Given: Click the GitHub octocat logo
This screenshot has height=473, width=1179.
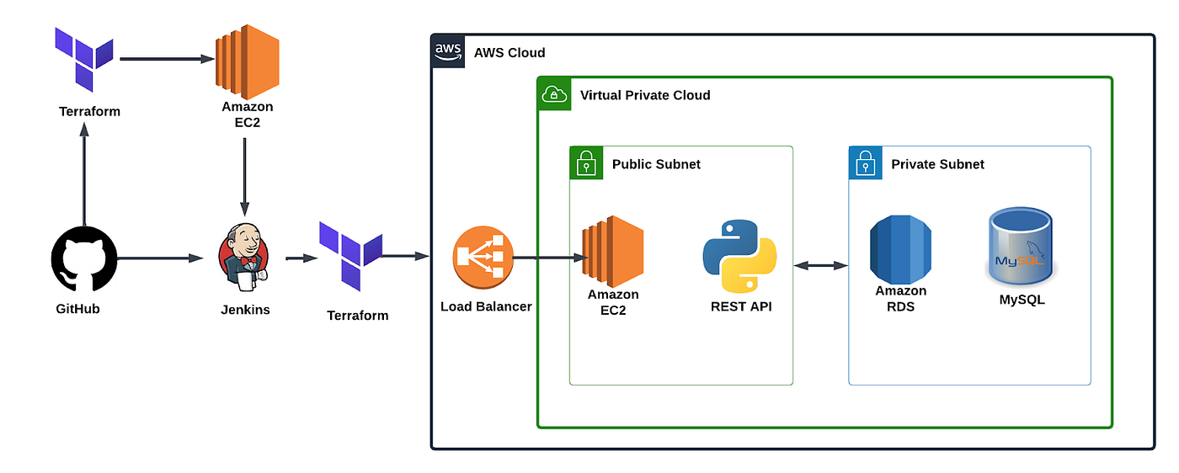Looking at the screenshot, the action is click(x=84, y=259).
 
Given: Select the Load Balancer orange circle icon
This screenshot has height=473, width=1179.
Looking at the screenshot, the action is click(x=483, y=258).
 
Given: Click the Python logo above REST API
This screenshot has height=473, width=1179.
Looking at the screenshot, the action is click(x=739, y=256).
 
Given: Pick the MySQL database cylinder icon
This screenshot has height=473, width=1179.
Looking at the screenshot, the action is click(x=1021, y=247).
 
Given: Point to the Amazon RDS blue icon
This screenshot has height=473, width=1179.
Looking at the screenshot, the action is click(x=900, y=249).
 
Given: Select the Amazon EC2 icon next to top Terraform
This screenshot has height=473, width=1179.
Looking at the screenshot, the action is click(x=248, y=61).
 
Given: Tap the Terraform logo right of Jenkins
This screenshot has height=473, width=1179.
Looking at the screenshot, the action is click(x=350, y=256).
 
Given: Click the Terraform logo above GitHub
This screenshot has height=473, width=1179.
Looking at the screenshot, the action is click(x=84, y=60).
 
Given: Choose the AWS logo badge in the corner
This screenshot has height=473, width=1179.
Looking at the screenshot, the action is click(x=448, y=51).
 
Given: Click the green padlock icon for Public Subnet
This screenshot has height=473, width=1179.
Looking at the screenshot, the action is click(x=586, y=163).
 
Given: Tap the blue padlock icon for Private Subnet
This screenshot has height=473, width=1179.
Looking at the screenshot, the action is click(x=866, y=163).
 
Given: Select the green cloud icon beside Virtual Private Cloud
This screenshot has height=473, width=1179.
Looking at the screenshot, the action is click(x=554, y=94).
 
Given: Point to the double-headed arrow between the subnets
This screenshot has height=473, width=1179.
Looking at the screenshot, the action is click(x=820, y=266).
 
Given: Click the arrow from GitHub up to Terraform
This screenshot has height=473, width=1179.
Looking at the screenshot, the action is click(x=84, y=174).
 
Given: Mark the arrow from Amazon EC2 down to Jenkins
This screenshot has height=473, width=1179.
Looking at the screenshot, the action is click(x=245, y=178).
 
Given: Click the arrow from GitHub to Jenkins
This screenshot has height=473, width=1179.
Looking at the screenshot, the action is click(x=160, y=258).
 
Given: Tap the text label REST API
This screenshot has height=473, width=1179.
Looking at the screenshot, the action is click(x=741, y=306).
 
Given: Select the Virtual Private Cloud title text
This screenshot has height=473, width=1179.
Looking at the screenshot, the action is click(x=645, y=95).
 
